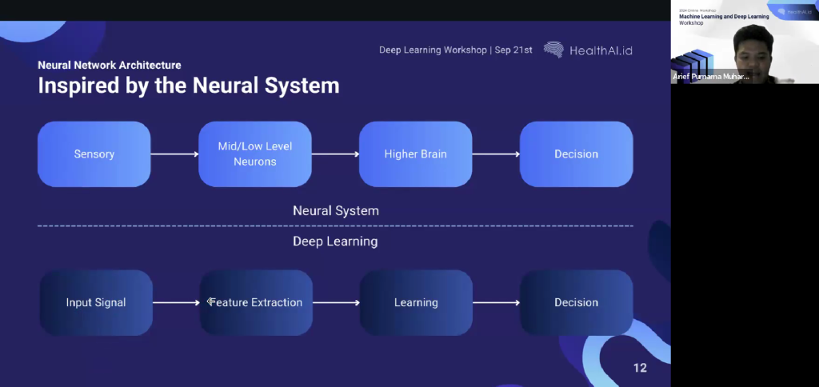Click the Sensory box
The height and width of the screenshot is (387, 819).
pos(94,154)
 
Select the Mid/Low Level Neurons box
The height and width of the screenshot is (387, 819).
pos(255,154)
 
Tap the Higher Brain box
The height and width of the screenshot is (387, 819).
pos(416,154)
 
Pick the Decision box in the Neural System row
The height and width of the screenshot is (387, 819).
pos(576,154)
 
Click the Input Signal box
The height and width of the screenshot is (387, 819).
pos(96,302)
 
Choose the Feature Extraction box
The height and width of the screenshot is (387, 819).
pos(256,302)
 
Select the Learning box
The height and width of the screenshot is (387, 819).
pos(416,302)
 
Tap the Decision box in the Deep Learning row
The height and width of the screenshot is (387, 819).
pos(576,302)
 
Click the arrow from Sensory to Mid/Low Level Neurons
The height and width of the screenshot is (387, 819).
pos(174,154)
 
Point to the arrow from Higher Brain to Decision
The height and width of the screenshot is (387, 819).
pos(496,154)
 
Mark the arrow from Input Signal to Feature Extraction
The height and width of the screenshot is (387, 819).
pos(176,302)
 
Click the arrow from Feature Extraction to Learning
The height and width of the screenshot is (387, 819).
pos(336,302)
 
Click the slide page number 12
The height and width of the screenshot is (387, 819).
pos(639,368)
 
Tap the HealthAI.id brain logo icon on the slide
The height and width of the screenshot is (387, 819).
pos(553,50)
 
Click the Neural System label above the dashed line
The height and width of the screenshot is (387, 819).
pos(335,211)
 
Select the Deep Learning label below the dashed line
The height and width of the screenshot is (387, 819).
pos(335,241)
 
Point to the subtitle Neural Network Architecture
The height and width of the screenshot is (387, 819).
pos(110,65)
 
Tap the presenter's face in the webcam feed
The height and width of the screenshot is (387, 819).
pos(751,48)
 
